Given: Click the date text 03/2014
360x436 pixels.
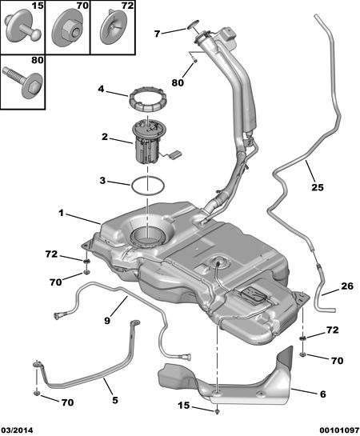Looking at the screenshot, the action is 17,430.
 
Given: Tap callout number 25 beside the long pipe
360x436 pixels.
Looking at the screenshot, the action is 318,187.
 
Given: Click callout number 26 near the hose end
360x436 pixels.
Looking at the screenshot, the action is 347,286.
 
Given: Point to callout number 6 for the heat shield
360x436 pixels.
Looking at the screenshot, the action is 322,394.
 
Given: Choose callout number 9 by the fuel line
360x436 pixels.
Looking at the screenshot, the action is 107,320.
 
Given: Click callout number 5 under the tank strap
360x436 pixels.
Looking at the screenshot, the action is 115,400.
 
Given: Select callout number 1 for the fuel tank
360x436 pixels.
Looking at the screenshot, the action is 61,213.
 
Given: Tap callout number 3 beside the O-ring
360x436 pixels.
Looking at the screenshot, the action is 102,181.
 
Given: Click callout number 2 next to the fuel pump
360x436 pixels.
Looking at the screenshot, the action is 105,137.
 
